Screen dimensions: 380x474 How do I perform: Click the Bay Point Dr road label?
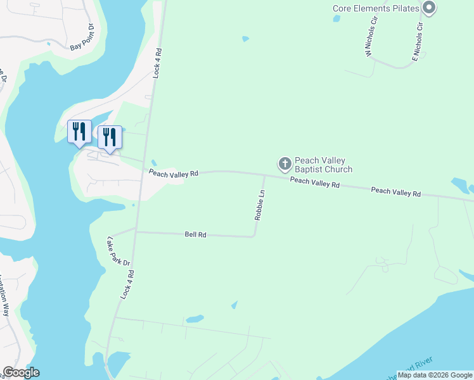(82, 37)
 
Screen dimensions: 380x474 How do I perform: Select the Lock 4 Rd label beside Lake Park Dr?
(129, 284)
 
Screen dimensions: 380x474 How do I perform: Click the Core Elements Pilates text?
(376, 8)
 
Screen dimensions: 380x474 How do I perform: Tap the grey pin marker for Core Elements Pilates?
(429, 8)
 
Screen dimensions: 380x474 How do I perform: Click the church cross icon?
(285, 164)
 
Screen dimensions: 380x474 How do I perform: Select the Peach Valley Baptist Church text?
(323, 165)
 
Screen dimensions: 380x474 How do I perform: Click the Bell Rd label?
(196, 234)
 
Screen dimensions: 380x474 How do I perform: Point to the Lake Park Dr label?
(118, 251)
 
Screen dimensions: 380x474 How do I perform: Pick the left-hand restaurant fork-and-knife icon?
(79, 131)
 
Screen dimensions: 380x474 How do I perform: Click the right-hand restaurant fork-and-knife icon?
(110, 136)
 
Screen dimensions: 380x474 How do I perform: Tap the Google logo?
(21, 372)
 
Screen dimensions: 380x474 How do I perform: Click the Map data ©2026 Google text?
(435, 375)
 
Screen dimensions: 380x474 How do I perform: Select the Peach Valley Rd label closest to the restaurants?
(174, 173)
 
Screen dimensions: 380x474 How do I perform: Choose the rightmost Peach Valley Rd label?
(396, 191)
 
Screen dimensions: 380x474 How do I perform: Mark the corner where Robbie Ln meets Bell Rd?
(254, 237)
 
